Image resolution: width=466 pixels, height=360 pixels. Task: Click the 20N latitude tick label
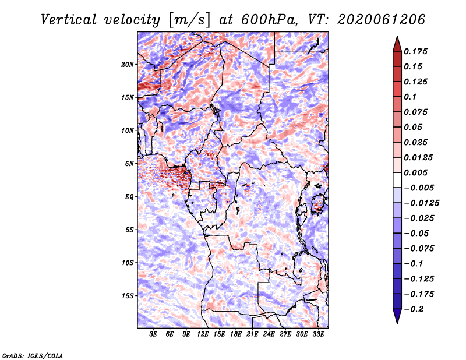pyautogui.click(x=128, y=64)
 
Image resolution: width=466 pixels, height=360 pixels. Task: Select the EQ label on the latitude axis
pyautogui.click(x=129, y=197)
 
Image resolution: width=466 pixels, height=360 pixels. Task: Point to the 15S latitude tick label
pyautogui.click(x=128, y=296)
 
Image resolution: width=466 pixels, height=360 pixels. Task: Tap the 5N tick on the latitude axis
pyautogui.click(x=129, y=164)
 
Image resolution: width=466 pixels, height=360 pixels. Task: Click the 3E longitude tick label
pyautogui.click(x=154, y=335)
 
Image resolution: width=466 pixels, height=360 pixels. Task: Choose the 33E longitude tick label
pyautogui.click(x=319, y=335)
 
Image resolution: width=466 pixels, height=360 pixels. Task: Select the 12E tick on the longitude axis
pyautogui.click(x=203, y=335)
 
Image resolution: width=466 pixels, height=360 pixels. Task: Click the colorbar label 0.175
pyautogui.click(x=416, y=51)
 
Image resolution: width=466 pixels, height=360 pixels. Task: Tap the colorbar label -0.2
pyautogui.click(x=419, y=309)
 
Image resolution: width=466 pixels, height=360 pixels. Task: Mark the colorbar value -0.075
pyautogui.click(x=421, y=248)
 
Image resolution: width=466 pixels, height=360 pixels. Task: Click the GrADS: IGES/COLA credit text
pyautogui.click(x=32, y=355)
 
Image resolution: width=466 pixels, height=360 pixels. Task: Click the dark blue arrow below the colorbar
pyautogui.click(x=397, y=317)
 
